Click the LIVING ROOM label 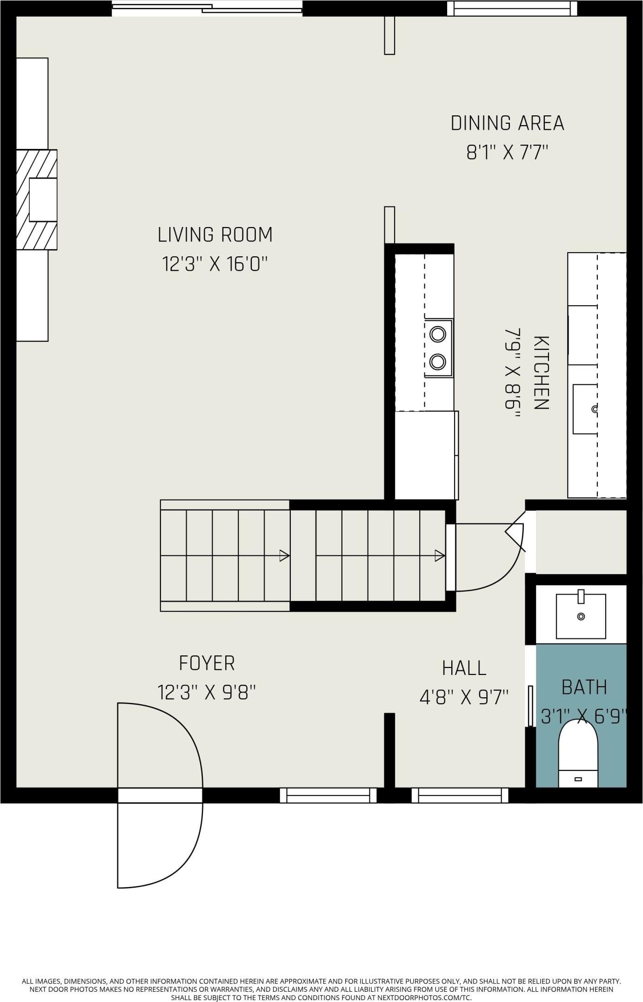click(x=215, y=234)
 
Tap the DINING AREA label click(x=507, y=123)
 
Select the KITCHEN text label click(x=541, y=373)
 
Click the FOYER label click(x=207, y=663)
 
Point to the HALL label click(x=464, y=668)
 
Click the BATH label click(x=584, y=687)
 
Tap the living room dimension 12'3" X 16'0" click(x=215, y=264)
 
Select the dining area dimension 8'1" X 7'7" click(x=507, y=152)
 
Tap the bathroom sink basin click(x=581, y=616)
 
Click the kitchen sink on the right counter click(x=585, y=409)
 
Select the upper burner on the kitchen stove click(x=438, y=334)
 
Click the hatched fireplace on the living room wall click(x=37, y=200)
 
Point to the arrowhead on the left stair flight click(x=285, y=555)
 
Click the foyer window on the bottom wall click(x=328, y=795)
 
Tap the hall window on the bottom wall click(x=460, y=795)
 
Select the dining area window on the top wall click(x=512, y=8)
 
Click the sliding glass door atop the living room click(x=207, y=8)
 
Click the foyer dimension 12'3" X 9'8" click(x=207, y=692)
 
